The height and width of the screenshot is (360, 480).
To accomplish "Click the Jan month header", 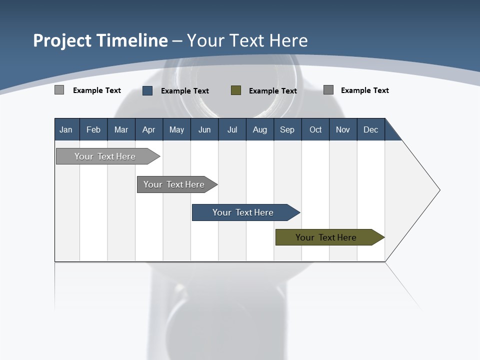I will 66,129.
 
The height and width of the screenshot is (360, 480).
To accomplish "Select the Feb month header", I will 93,129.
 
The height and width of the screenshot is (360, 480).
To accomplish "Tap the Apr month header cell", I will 148,129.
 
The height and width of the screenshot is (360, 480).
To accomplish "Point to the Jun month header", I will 204,129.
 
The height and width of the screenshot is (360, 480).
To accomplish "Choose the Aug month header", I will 260,129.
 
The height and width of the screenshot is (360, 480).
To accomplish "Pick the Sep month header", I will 287,129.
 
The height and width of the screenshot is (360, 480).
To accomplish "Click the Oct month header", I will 315,129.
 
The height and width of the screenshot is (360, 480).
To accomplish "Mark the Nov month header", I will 343,129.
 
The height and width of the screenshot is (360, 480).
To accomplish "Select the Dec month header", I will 370,129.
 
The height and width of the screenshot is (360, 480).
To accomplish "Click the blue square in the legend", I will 147,90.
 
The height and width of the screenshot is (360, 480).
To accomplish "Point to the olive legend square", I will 236,90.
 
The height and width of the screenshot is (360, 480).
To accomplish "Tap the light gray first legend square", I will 59,90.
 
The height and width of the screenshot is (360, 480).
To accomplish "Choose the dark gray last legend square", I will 328,90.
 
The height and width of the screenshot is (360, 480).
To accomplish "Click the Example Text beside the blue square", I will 185,91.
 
